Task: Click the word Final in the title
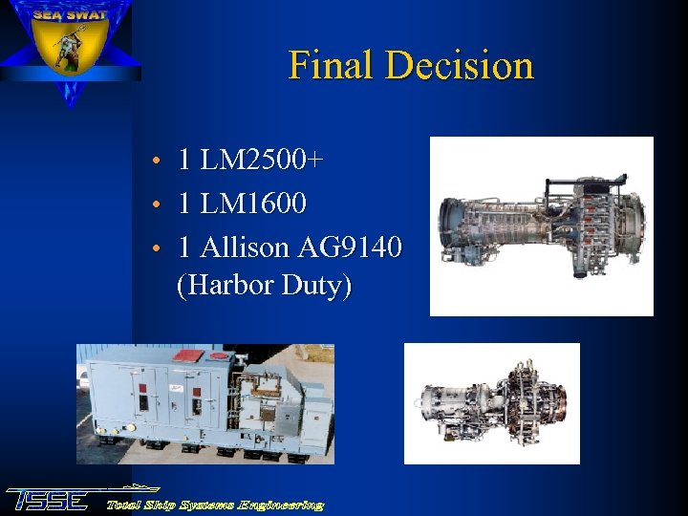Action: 331,65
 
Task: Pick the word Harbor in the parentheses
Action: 231,286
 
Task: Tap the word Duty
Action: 315,286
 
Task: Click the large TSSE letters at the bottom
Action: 48,499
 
